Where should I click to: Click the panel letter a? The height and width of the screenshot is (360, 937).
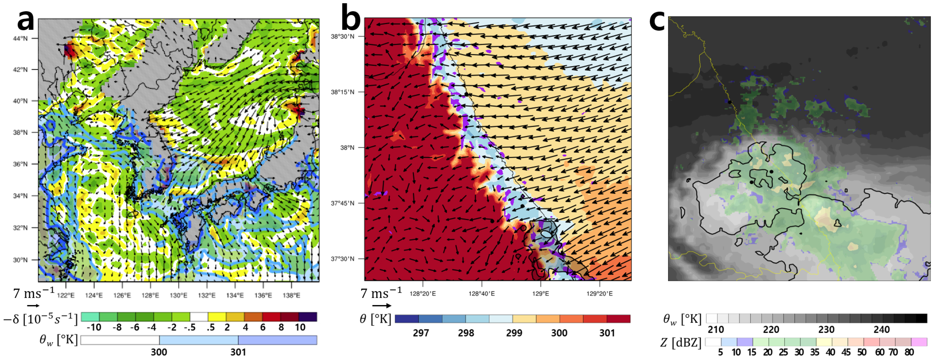[25, 20]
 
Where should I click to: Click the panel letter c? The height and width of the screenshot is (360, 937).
[657, 20]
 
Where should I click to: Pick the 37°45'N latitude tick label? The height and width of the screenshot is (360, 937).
[342, 203]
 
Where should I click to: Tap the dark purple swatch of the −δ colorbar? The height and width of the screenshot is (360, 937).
[308, 317]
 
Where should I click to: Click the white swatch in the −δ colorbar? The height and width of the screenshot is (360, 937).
[199, 317]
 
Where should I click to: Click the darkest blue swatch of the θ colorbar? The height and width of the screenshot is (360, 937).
[407, 319]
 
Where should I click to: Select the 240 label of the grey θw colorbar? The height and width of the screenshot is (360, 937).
[881, 330]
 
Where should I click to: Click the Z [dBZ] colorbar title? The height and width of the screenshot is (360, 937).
[681, 343]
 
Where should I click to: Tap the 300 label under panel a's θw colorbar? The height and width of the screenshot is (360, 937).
[159, 352]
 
